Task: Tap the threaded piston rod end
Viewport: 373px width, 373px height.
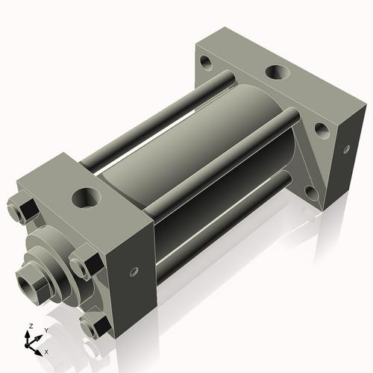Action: click(32, 284)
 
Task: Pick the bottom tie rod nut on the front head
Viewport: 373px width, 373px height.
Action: click(93, 325)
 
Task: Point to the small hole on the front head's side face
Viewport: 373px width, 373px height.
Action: click(134, 270)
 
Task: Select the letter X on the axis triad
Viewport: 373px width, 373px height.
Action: click(46, 351)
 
